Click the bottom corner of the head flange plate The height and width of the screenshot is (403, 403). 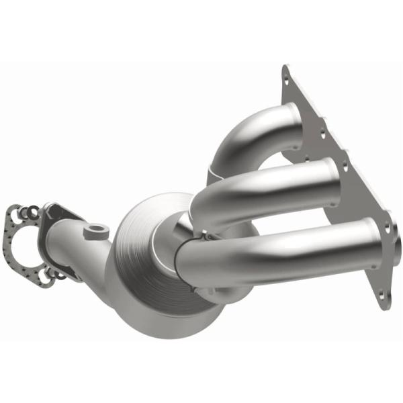pyautogui.click(x=388, y=306)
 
